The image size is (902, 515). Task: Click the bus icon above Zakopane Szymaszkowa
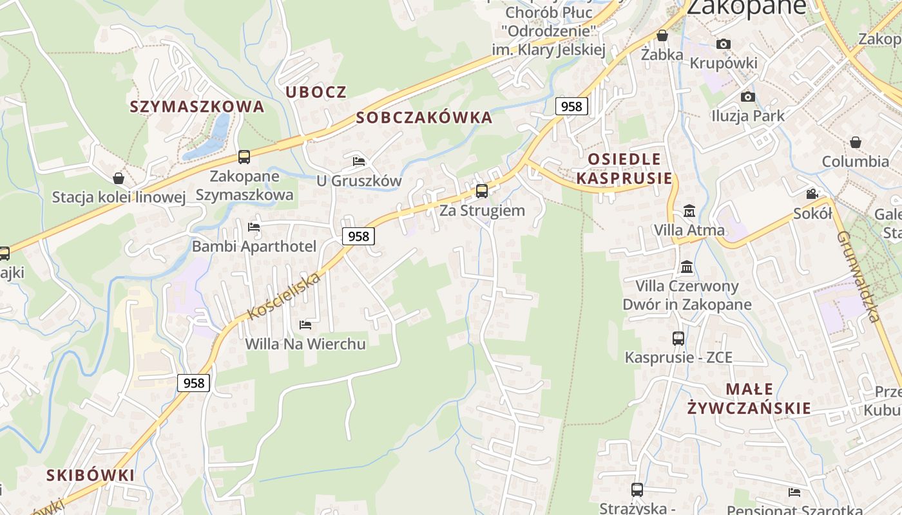244,156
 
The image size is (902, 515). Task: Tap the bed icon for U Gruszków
359,161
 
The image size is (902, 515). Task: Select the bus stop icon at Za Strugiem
481,191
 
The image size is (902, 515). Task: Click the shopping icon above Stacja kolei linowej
119,178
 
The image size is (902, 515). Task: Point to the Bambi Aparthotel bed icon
254,227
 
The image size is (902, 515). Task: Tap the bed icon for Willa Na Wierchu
305,324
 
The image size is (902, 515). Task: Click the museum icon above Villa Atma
689,211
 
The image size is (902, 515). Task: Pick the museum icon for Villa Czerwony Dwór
687,267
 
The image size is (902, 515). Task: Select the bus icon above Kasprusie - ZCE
678,338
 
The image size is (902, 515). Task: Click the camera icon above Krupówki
724,44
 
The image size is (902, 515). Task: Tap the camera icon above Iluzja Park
747,97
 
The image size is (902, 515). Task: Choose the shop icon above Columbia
856,142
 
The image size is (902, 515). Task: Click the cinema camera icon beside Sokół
812,194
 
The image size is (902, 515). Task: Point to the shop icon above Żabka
662,35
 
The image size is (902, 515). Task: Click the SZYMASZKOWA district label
197,106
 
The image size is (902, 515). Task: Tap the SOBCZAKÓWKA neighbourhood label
424,118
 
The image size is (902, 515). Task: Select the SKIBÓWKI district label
90,475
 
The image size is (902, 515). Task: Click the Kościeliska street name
284,296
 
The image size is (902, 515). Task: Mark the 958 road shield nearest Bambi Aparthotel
358,236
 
